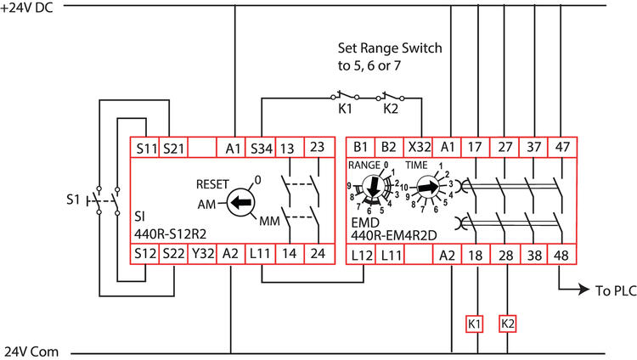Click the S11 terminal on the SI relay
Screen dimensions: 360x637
144,147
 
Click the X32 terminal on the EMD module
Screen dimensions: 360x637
419,147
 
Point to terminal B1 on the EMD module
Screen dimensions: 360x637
361,147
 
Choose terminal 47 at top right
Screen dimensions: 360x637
561,147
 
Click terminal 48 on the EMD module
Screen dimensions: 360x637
561,254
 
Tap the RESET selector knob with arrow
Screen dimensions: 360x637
241,204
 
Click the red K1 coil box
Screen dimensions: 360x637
474,323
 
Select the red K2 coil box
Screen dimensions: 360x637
508,323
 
